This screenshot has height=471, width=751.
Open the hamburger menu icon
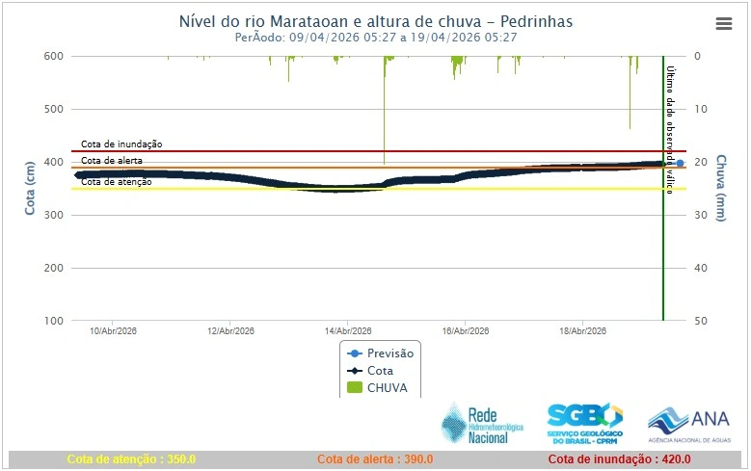pyautogui.click(x=724, y=24)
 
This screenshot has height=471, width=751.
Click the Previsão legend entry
pyautogui.click(x=380, y=353)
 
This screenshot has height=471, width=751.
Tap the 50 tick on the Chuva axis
pyautogui.click(x=701, y=321)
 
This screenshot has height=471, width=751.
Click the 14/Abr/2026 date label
pyautogui.click(x=348, y=331)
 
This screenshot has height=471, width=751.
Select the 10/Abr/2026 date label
pyautogui.click(x=113, y=331)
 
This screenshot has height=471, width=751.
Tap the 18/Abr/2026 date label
pyautogui.click(x=582, y=331)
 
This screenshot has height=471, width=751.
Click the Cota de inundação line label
pyautogui.click(x=121, y=144)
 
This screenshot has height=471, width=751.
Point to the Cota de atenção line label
pyautogui.click(x=116, y=181)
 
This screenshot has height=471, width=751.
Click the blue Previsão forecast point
pyautogui.click(x=680, y=164)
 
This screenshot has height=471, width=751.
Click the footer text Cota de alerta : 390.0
pyautogui.click(x=375, y=459)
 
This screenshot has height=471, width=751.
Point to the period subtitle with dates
pyautogui.click(x=376, y=38)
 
